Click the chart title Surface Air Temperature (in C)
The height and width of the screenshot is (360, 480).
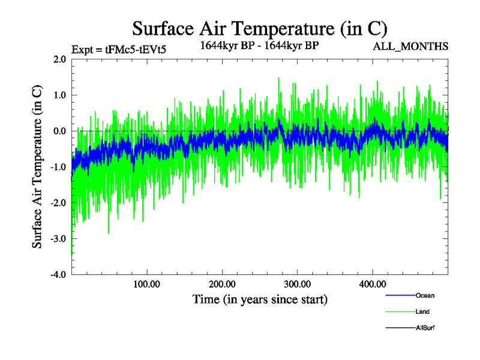click(260, 28)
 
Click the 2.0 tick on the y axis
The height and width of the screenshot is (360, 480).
click(59, 59)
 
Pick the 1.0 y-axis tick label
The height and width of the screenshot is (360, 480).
click(59, 95)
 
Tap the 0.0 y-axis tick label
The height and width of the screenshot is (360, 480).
click(59, 131)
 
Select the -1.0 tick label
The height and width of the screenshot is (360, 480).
click(58, 167)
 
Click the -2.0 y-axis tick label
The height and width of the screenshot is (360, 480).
click(58, 203)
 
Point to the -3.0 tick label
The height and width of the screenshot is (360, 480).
click(58, 239)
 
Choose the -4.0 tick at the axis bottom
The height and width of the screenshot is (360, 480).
click(58, 275)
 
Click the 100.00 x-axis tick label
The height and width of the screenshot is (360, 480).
click(147, 284)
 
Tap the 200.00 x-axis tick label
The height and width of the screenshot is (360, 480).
click(222, 284)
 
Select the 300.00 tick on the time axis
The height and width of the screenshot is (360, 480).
click(297, 284)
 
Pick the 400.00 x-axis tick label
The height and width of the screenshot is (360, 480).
click(372, 284)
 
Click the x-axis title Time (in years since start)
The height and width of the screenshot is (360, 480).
click(260, 299)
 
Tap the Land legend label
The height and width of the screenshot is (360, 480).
click(422, 312)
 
